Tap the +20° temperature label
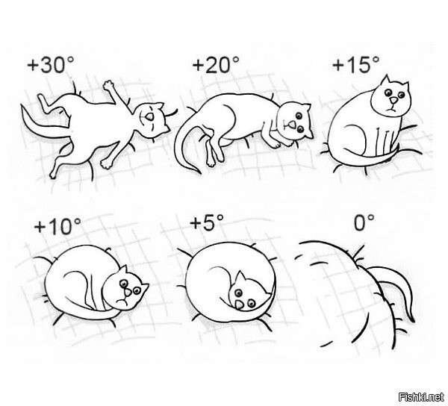[216, 64]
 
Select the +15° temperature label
[356, 64]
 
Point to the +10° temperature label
[57, 226]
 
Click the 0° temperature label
[364, 222]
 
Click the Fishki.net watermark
[422, 396]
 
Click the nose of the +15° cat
[394, 100]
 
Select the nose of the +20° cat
[291, 125]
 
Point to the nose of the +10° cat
[128, 293]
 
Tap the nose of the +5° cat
[240, 305]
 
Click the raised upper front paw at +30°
[109, 85]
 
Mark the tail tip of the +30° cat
[23, 107]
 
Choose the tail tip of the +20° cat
[199, 172]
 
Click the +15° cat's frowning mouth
[392, 110]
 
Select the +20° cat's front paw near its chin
[275, 144]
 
